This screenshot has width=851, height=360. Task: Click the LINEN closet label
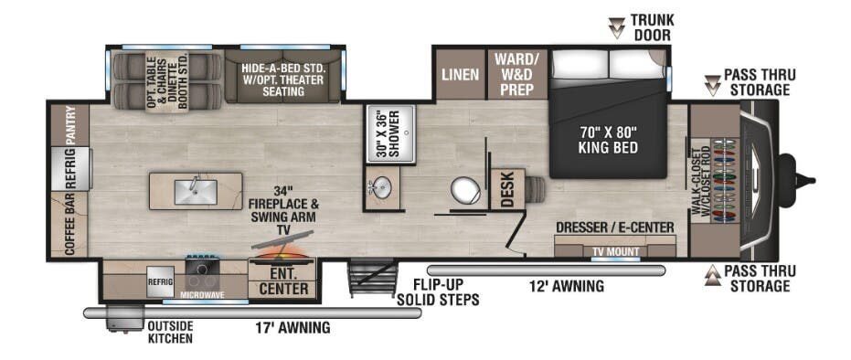pos(461,74)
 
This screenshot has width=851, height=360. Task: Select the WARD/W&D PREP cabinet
pos(516,74)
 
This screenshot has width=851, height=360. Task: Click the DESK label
pos(507,189)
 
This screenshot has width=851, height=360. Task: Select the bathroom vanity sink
pos(381,188)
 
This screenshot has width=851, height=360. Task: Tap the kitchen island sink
pos(196,191)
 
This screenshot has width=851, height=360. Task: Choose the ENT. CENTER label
pos(283,281)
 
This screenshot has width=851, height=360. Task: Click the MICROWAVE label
pos(202,294)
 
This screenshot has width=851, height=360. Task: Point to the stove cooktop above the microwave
pos(202,270)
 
